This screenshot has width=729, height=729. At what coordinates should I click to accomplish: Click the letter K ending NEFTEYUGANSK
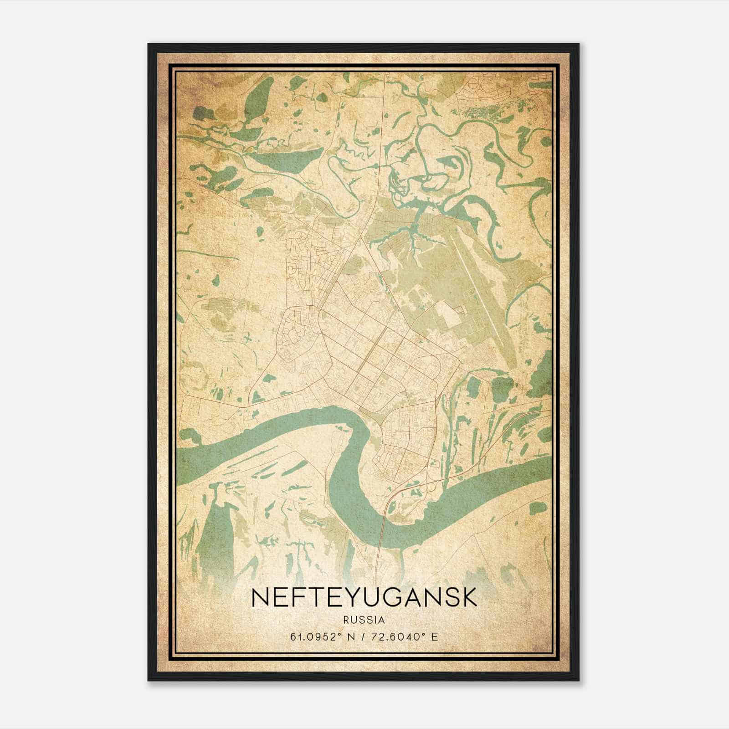[x=469, y=598]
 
